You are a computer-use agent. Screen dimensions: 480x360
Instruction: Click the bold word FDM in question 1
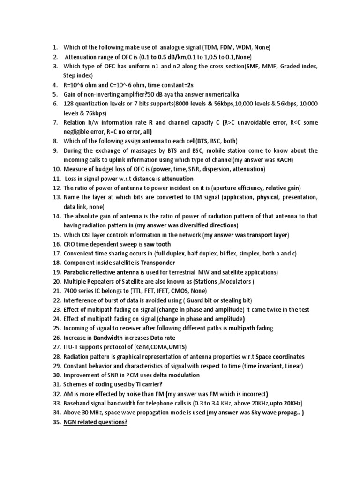point(227,47)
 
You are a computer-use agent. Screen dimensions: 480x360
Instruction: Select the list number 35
point(56,422)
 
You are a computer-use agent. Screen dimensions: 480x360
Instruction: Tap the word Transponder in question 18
point(158,263)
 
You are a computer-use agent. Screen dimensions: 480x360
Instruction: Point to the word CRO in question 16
point(70,244)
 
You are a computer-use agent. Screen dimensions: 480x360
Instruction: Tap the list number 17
point(56,254)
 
